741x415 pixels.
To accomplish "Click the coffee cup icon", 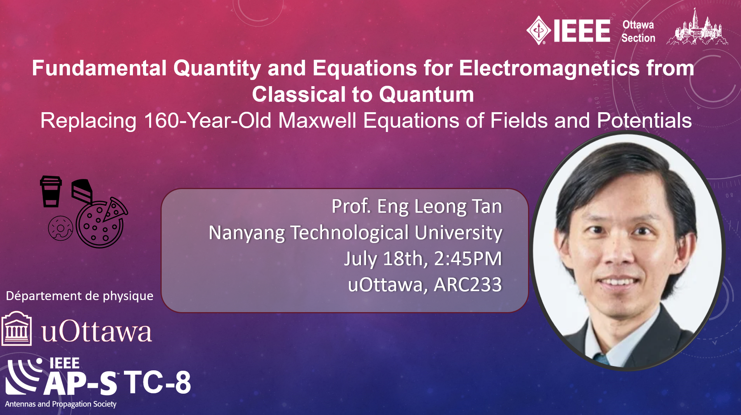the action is pos(51,191).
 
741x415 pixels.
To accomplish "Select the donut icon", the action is pos(60,228).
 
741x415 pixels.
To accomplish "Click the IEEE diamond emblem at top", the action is pos(538,30).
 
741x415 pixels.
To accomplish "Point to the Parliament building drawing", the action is pos(697,28).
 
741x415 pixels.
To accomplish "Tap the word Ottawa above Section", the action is pos(638,24).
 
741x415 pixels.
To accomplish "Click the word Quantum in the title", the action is pos(426,94).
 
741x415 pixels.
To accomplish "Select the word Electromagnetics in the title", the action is pos(549,68).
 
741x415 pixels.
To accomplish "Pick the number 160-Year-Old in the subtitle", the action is pos(207,120).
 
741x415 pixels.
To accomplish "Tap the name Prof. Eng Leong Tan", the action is pos(417,206).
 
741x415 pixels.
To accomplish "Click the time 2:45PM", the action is pos(468,259).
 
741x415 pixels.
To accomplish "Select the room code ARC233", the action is pos(468,285).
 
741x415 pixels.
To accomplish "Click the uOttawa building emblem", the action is pos(16,328).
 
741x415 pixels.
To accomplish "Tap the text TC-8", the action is pos(157,382).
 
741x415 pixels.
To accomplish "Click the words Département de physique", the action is pos(80,296).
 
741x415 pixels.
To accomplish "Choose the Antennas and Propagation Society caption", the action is pos(61,404).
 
